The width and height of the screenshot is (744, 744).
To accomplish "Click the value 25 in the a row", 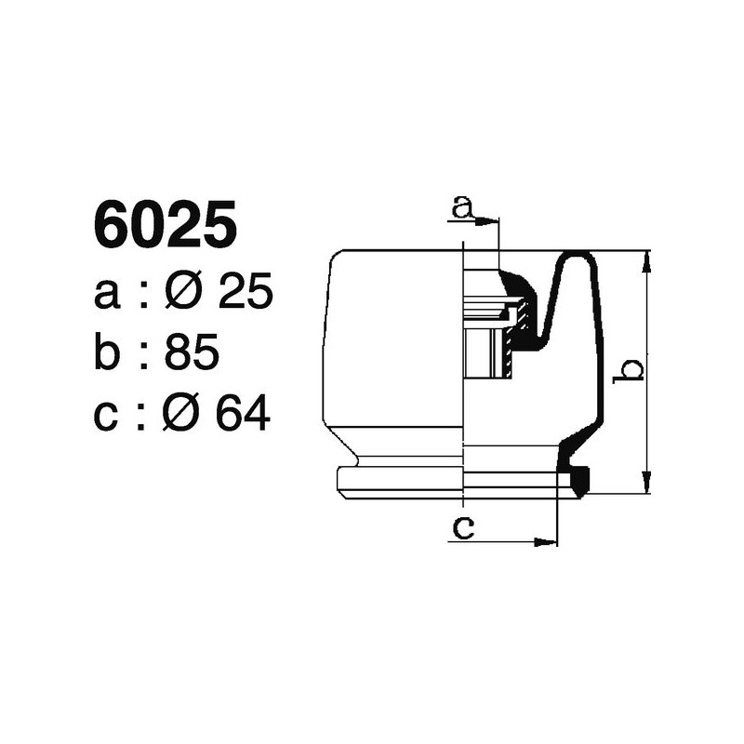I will coord(245,294).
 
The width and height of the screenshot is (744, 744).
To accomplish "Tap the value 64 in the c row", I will coord(243,415).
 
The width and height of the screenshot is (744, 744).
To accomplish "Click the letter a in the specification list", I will coord(109,296).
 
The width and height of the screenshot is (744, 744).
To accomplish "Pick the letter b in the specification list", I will coord(109,353).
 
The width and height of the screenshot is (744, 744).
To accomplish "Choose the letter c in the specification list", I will coord(108,417).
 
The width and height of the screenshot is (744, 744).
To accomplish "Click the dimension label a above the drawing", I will coord(462,206).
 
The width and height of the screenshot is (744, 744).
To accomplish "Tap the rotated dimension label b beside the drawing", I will coord(631,369).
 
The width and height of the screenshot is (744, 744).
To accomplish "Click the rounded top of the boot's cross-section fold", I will coord(578,257).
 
